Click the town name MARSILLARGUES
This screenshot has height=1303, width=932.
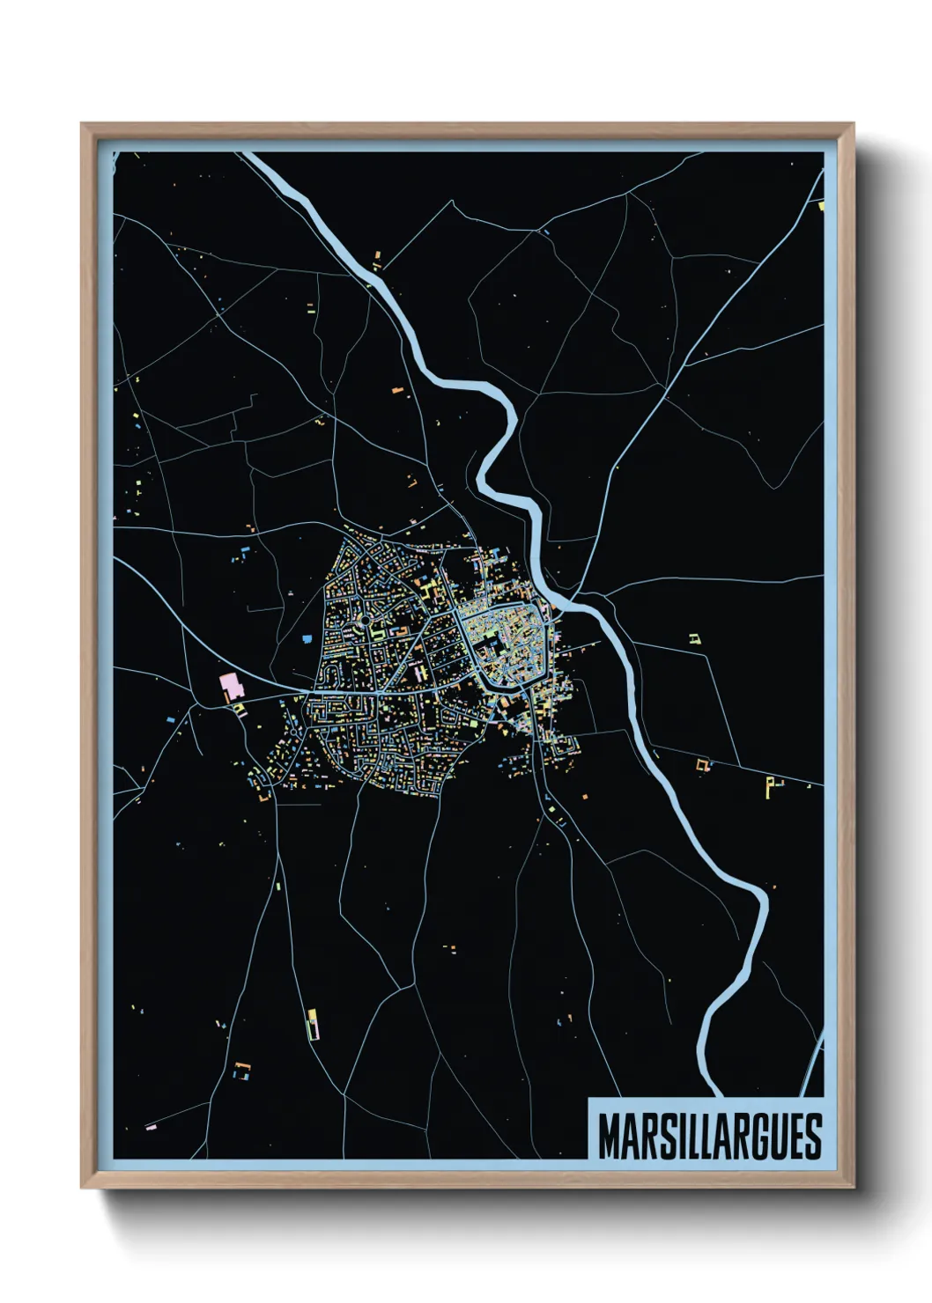pyautogui.click(x=710, y=1137)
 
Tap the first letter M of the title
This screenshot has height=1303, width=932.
pyautogui.click(x=609, y=1137)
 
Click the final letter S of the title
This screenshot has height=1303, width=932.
pyautogui.click(x=813, y=1137)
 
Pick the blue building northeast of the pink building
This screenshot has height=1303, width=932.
pyautogui.click(x=307, y=637)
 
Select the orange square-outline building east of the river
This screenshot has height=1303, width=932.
pyautogui.click(x=703, y=765)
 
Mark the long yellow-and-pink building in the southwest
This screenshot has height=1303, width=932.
pyautogui.click(x=312, y=1025)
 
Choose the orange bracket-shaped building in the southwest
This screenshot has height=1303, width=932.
pyautogui.click(x=241, y=1070)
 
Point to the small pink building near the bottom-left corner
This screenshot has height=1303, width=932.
pyautogui.click(x=151, y=1126)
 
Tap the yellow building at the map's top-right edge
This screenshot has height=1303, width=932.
pyautogui.click(x=820, y=207)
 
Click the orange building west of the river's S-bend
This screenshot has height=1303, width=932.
pyautogui.click(x=396, y=387)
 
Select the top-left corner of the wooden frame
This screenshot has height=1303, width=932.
pyautogui.click(x=83, y=125)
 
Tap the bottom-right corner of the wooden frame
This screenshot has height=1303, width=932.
pyautogui.click(x=853, y=1187)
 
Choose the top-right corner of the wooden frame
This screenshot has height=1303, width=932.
pyautogui.click(x=853, y=125)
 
